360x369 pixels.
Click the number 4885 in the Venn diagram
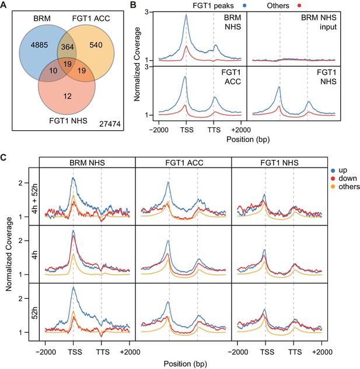(39, 45)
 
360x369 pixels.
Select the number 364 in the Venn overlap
(68, 47)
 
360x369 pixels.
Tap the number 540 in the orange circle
(96, 45)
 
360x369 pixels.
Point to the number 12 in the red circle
(68, 96)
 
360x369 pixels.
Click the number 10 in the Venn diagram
(53, 71)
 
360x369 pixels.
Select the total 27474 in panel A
(110, 124)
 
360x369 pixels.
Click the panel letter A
(4, 5)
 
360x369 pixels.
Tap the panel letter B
(133, 5)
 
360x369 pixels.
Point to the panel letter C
(4, 158)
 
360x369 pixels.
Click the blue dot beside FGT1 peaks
(244, 5)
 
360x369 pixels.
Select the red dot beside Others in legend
(299, 5)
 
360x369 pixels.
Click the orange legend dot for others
(333, 187)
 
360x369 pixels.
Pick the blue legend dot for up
(333, 170)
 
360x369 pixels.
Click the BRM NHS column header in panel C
(88, 163)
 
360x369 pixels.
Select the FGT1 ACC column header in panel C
(184, 163)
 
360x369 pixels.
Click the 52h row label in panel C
(34, 312)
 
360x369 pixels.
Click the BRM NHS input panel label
(319, 22)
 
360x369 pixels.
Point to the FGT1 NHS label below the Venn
(68, 121)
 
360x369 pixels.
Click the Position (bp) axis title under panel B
(248, 140)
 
